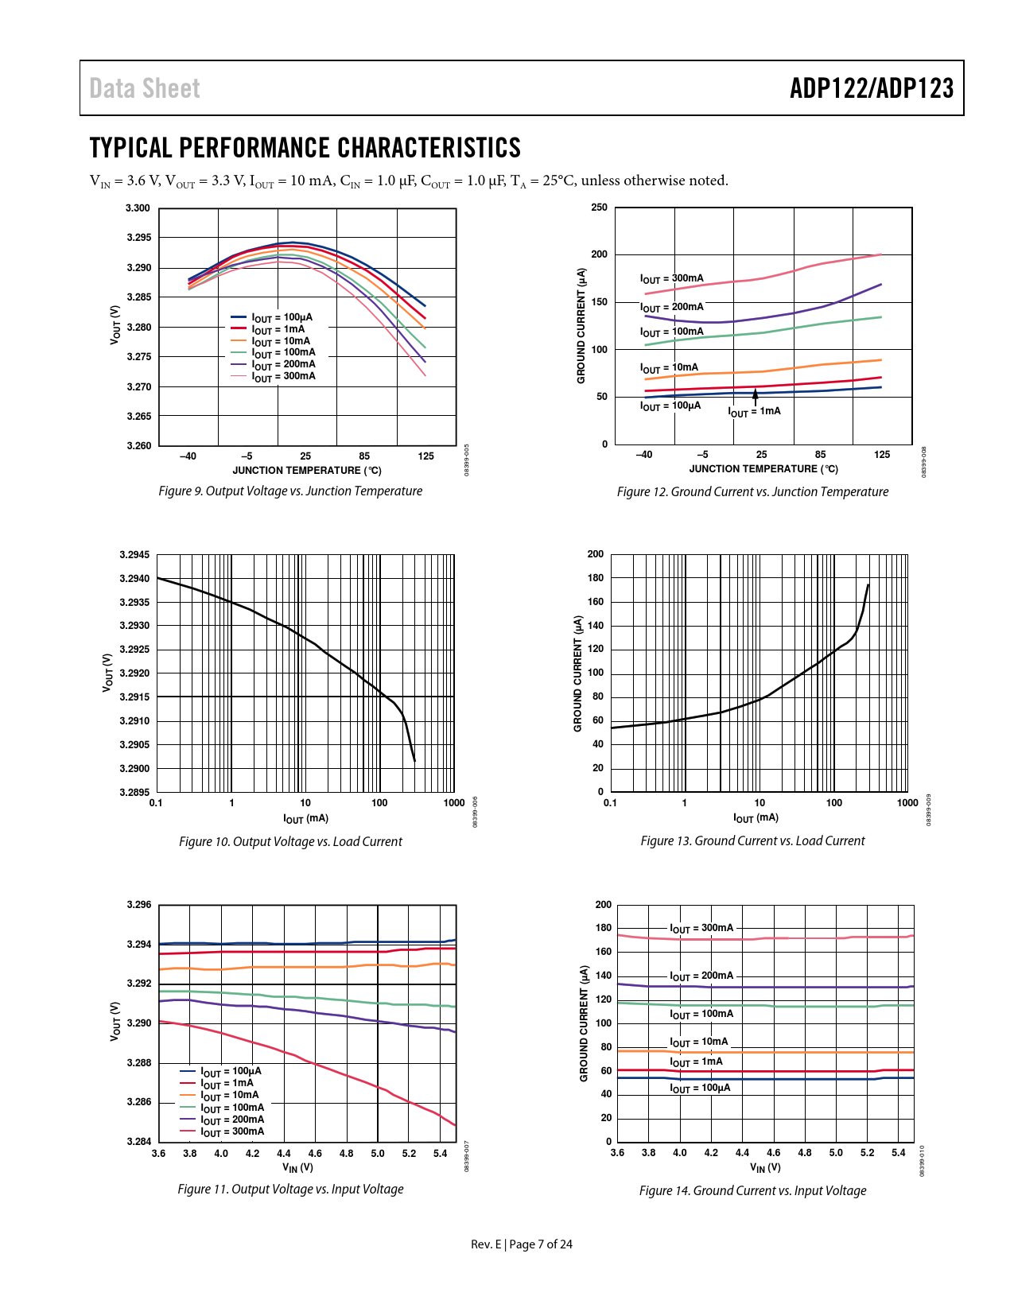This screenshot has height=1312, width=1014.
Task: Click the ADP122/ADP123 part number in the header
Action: coord(872,88)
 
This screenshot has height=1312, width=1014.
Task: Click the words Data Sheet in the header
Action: coord(145,88)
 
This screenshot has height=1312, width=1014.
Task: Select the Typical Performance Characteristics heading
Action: coord(305,148)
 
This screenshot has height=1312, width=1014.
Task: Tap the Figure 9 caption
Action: coord(290,491)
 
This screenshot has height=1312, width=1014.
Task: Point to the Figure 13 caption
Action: coord(752,841)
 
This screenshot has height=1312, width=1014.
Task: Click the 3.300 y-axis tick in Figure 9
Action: coord(138,208)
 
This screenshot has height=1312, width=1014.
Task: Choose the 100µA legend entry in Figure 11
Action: coord(230,1072)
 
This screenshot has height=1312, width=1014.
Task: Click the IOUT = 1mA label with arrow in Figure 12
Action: coord(755,411)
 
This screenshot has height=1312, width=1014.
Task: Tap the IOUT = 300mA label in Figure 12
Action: coord(671,279)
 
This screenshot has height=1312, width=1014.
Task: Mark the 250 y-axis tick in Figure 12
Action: coord(599,208)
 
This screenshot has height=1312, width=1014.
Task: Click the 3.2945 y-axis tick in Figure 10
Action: coord(134,555)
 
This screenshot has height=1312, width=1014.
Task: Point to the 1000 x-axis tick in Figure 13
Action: coord(907,803)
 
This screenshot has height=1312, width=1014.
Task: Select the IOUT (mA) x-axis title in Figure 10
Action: coord(305,818)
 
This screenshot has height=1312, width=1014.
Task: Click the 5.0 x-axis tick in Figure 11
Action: coord(378,1154)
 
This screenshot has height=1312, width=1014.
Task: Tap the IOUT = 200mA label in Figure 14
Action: coord(701,976)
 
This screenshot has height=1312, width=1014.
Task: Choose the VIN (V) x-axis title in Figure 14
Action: coord(765,1167)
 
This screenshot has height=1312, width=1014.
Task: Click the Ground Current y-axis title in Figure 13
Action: coord(578,673)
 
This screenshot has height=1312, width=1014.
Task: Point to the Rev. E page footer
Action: coord(521,1244)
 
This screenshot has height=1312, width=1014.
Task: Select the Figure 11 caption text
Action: coord(290,1190)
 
